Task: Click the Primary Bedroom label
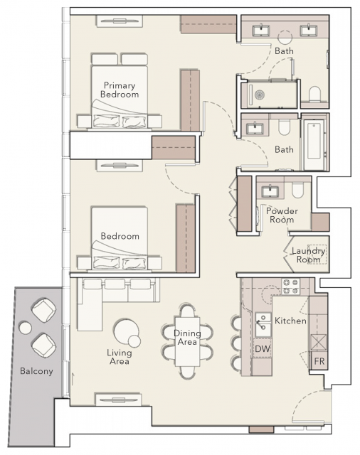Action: (120, 90)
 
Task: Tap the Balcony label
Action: (36, 371)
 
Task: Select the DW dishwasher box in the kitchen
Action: (263, 348)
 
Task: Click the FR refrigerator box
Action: (319, 360)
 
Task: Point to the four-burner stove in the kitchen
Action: (290, 287)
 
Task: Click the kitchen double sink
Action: (263, 324)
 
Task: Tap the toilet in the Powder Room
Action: (297, 191)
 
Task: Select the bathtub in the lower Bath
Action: (314, 141)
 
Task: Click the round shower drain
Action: (259, 95)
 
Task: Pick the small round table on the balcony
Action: (26, 328)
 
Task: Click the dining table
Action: (187, 341)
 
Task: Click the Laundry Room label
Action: (308, 255)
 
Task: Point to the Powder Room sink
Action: (270, 191)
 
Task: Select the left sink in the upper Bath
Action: (261, 31)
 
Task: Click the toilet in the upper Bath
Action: (314, 94)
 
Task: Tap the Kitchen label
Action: (290, 321)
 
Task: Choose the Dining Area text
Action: (187, 338)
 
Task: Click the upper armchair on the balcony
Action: (43, 311)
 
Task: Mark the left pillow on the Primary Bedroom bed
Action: (106, 122)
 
